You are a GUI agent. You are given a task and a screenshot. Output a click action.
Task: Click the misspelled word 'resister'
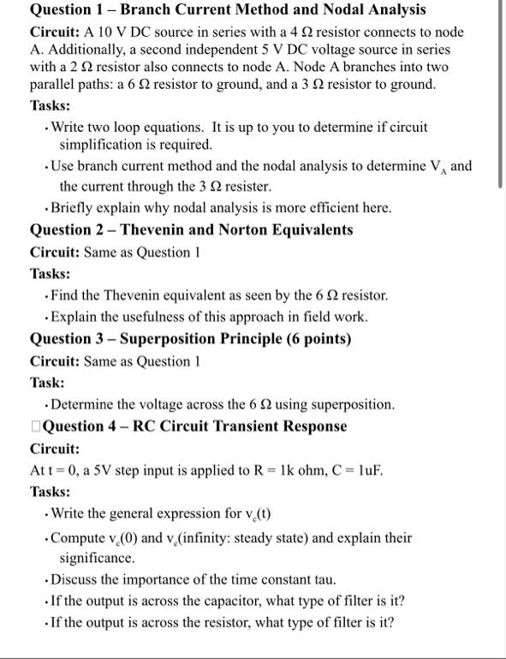tap(247, 186)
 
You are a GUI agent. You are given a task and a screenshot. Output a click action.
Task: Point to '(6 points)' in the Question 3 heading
tap(317, 339)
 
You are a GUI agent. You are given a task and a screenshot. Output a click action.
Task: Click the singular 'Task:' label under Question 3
tap(48, 383)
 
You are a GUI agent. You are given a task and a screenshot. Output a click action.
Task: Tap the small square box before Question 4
tap(34, 426)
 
